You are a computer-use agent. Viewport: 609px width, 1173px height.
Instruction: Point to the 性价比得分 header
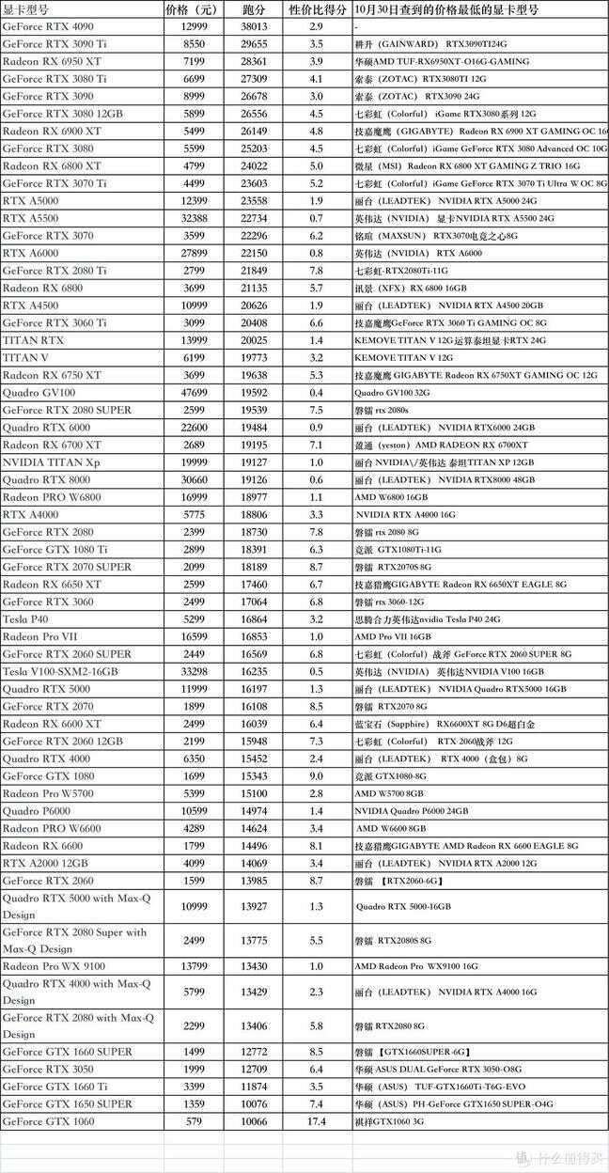[x=315, y=9]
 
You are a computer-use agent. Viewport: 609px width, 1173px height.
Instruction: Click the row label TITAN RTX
[x=34, y=340]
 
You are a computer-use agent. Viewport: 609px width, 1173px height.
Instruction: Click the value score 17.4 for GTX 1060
[x=316, y=1121]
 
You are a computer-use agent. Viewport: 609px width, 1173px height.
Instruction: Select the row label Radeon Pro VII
[x=40, y=636]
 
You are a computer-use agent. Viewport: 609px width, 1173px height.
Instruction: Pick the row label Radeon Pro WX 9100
[x=54, y=966]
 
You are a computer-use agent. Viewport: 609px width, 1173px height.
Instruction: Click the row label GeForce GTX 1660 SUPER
[x=67, y=1052]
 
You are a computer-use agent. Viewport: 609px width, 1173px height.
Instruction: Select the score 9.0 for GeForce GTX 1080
[x=316, y=776]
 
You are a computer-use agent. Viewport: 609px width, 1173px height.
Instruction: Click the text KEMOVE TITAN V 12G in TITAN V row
[x=404, y=358]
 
